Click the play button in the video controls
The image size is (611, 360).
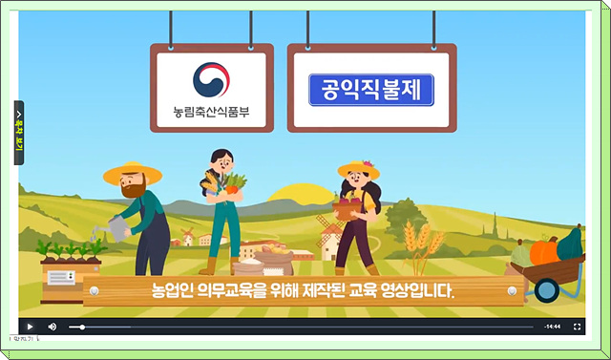(x=30, y=327)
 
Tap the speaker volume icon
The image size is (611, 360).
(x=53, y=327)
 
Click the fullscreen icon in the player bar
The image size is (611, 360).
(x=577, y=327)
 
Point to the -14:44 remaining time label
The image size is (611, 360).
(x=552, y=327)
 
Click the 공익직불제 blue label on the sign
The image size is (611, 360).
(x=371, y=90)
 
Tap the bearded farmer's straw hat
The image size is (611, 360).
(x=133, y=173)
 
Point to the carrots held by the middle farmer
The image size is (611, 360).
(x=234, y=182)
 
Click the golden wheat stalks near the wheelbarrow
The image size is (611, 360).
(x=417, y=244)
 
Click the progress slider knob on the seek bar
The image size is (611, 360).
(x=83, y=327)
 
